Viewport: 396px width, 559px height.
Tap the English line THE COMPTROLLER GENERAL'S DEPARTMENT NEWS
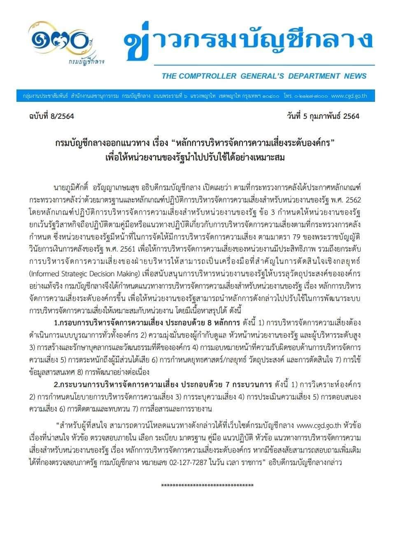pyautogui.click(x=264, y=76)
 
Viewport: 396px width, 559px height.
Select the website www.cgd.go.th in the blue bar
pyautogui.click(x=349, y=96)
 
